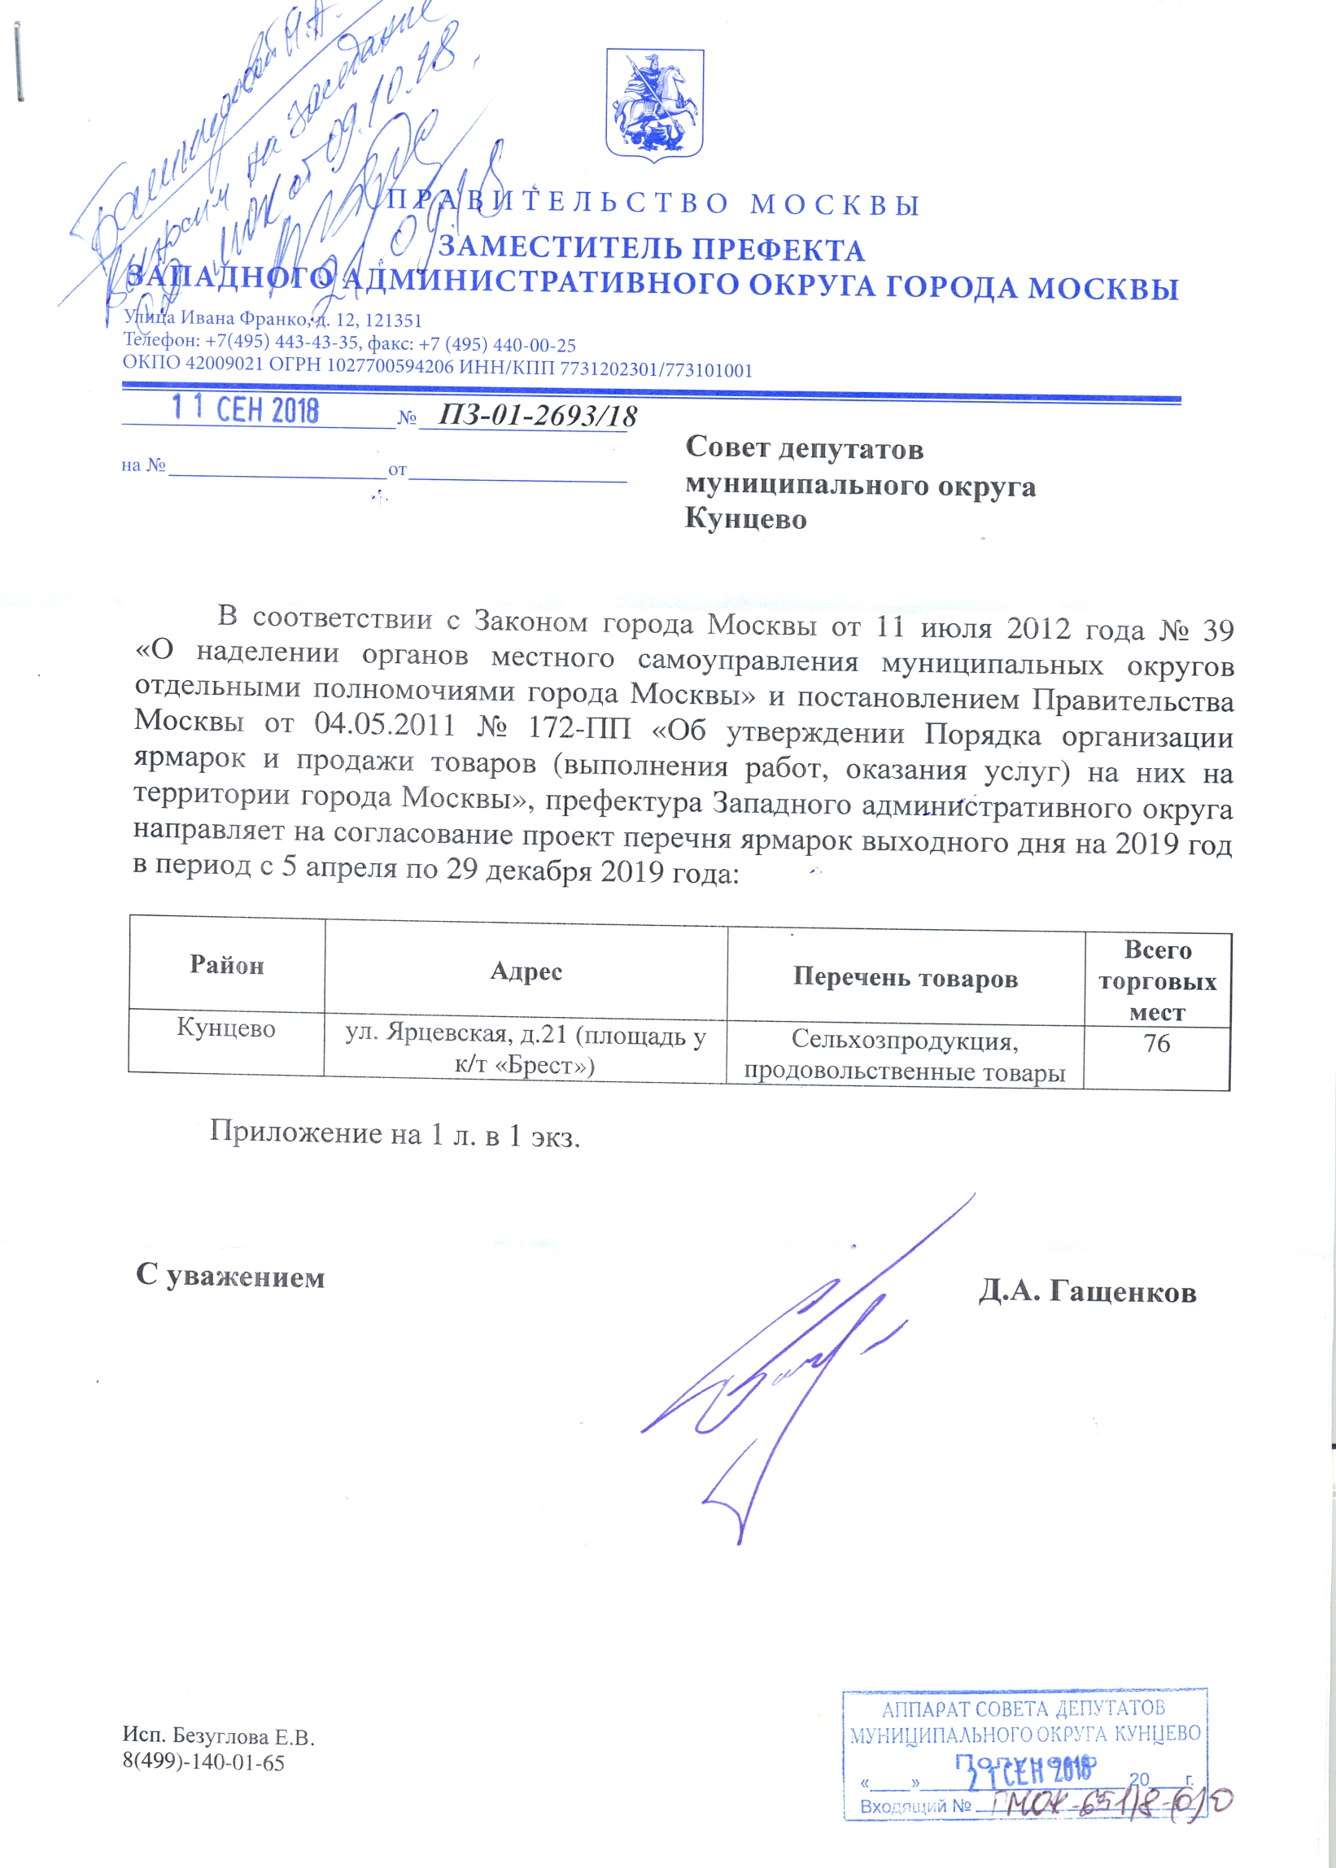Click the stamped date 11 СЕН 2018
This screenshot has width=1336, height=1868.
pos(245,409)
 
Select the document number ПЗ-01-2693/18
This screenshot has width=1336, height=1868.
pos(537,416)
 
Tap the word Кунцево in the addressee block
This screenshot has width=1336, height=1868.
pos(745,520)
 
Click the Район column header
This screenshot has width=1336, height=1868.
pos(227,965)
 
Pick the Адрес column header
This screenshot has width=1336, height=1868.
pos(526,971)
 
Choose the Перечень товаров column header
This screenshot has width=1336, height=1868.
pos(905,978)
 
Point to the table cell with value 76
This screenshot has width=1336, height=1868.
pos(1156,1044)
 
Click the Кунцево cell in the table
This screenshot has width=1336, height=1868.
pos(226,1029)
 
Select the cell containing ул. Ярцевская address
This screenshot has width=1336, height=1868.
pos(525,1050)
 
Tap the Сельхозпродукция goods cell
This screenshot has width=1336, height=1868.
pos(905,1056)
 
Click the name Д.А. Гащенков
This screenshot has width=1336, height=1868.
pos(1087,1292)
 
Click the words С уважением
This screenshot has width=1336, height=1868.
pos(230,1276)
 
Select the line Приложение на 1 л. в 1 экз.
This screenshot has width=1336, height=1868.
pos(395,1133)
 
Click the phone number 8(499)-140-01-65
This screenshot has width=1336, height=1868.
pos(203,1762)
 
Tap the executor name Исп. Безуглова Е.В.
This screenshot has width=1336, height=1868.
pos(219,1736)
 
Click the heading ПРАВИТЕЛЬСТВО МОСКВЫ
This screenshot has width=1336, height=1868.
pos(654,204)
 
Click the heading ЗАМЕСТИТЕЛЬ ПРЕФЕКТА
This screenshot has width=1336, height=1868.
pos(651,249)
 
